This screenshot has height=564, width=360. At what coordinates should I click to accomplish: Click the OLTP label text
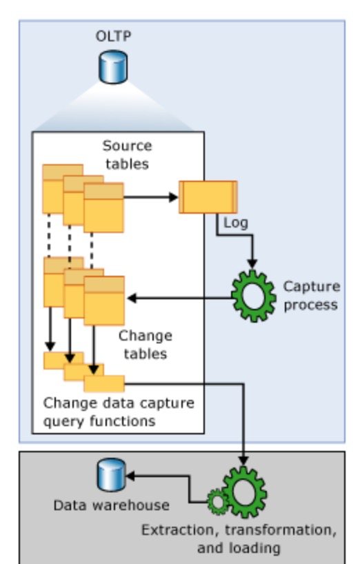point(113,37)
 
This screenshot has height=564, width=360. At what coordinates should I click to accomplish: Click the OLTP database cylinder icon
point(113,68)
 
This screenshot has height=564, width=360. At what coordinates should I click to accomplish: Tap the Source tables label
point(128,154)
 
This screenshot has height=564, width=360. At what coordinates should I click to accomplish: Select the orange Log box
point(208,197)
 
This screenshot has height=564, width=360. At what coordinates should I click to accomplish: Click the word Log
point(236,223)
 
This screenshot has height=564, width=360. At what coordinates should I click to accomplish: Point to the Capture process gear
point(254,296)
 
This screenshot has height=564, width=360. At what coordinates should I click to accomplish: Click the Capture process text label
point(312,296)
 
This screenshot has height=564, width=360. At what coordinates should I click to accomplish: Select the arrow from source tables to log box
point(151,197)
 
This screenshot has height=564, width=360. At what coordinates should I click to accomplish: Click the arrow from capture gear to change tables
point(180,298)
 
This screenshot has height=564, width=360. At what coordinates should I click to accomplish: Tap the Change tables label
point(146,345)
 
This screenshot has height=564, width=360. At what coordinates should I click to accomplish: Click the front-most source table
point(104,208)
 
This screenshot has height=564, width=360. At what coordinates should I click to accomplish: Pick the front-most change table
point(104,301)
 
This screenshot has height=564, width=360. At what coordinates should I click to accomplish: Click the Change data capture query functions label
point(119,412)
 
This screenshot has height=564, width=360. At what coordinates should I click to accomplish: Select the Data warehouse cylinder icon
point(112,475)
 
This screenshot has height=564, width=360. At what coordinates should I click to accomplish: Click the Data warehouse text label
point(112,505)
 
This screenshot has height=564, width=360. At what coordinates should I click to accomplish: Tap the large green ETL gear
point(245,492)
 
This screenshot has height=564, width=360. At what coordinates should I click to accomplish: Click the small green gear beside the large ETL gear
point(218,502)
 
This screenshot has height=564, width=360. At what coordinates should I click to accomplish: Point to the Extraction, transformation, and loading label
point(239,538)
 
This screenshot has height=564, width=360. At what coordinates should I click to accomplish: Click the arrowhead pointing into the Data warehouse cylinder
point(130,476)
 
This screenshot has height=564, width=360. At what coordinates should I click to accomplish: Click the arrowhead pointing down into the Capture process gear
point(252,264)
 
